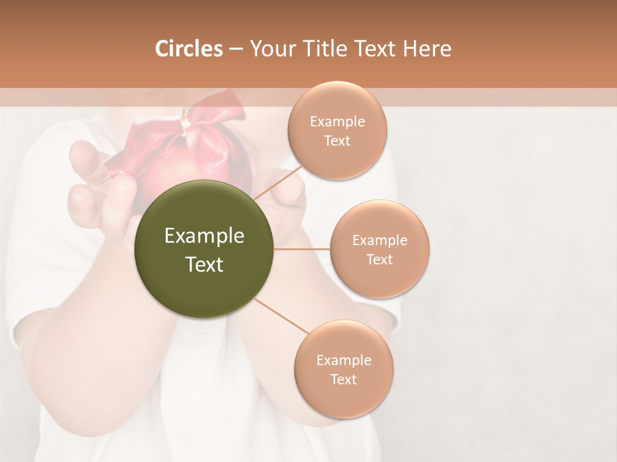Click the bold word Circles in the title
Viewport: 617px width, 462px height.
[189, 49]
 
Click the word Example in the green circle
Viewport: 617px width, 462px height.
[204, 237]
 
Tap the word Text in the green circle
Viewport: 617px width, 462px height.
[204, 264]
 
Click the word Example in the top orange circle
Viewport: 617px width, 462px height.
[337, 122]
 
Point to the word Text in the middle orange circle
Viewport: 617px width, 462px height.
[379, 259]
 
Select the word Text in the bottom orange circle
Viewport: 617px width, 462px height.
[343, 379]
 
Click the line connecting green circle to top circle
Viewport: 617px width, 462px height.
[278, 184]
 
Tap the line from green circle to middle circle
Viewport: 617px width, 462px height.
[302, 248]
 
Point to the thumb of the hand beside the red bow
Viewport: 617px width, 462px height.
[83, 157]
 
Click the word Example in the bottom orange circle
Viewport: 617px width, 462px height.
[343, 360]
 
